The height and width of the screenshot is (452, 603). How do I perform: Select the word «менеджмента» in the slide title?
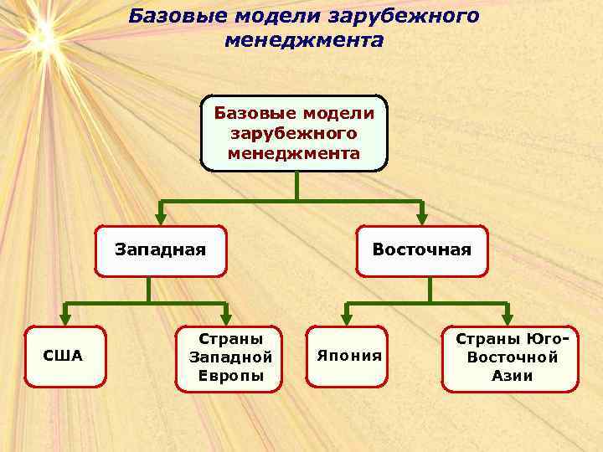click(304, 40)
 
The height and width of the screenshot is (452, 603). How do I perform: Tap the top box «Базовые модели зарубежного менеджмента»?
click(294, 132)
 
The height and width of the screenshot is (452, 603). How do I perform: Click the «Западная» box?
click(160, 250)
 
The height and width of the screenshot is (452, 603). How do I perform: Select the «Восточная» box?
click(421, 250)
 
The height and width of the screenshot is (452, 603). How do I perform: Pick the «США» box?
click(63, 357)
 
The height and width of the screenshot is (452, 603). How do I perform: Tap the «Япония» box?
click(348, 357)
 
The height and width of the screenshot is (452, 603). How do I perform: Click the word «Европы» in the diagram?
click(230, 375)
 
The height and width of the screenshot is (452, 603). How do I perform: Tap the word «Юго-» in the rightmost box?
click(549, 339)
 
